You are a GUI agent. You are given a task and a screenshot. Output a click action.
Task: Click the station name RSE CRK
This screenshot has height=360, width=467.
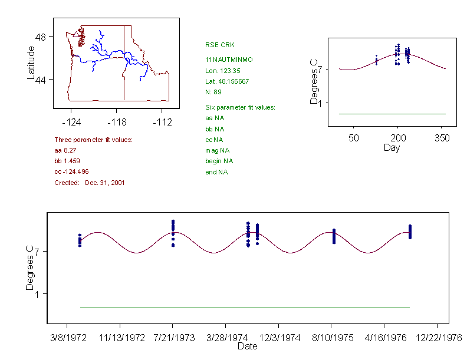point(215,45)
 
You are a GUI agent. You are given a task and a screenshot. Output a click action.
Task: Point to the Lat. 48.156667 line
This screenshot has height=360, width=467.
point(226,81)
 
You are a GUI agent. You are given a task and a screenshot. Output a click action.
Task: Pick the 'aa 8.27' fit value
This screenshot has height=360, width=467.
point(65,151)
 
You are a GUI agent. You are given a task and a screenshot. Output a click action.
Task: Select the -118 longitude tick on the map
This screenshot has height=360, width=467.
point(117,122)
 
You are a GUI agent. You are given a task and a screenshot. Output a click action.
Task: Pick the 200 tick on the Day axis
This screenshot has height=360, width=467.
point(397,138)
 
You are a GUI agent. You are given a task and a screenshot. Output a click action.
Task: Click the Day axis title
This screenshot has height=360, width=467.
point(392,148)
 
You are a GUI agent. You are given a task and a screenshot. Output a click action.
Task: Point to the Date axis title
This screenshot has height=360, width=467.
point(247,346)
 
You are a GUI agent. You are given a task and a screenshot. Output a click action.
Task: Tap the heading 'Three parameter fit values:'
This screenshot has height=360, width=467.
point(93,140)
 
